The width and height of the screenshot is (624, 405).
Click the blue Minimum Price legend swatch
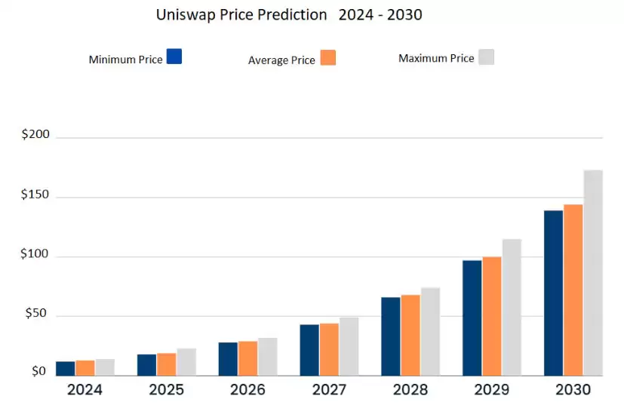click(174, 57)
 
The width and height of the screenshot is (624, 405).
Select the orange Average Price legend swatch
click(327, 58)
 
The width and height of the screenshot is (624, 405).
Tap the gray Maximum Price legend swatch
click(486, 57)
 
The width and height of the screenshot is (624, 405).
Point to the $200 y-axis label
click(35, 135)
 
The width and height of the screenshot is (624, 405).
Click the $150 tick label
click(35, 195)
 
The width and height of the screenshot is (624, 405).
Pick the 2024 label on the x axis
click(85, 390)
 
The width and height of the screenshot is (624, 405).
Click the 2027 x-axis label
click(329, 390)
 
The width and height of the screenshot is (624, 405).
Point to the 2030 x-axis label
click(573, 390)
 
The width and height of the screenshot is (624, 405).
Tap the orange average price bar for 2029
click(492, 316)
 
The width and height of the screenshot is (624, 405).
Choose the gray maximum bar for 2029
click(512, 307)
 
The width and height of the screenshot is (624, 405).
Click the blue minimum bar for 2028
click(391, 336)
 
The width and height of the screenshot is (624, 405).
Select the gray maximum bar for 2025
click(186, 362)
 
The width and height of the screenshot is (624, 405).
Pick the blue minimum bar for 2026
click(228, 359)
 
